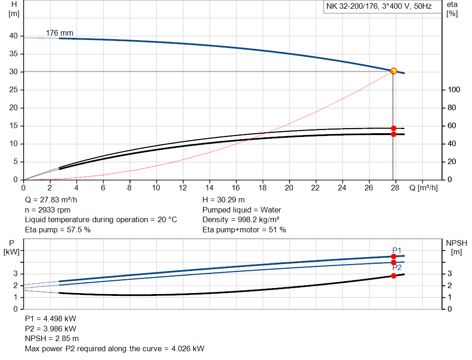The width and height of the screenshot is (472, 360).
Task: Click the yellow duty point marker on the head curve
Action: point(394,71)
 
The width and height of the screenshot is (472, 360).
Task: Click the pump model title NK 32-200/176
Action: point(379,6)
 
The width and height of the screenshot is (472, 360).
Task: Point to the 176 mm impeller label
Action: point(59,33)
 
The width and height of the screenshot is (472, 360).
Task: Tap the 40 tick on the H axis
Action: point(13,36)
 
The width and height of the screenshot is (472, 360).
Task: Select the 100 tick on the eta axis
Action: point(454,90)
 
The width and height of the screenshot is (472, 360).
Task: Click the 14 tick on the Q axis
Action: point(210,188)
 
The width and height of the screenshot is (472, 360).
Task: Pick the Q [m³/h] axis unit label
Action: point(423,188)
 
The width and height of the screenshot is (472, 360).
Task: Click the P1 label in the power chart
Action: point(397,250)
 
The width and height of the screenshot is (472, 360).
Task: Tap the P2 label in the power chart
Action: point(397,268)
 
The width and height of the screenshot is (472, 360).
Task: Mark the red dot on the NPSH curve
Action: point(394,276)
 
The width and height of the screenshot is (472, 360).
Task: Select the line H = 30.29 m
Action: point(224,200)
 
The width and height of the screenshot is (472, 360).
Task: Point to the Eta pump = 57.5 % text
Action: point(58,230)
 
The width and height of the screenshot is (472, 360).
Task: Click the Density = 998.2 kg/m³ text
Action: point(241,220)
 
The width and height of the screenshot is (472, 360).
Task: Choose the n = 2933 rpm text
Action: point(47,210)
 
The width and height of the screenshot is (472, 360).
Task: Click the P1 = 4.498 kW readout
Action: point(51,319)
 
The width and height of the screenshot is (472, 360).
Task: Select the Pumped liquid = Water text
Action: point(242,210)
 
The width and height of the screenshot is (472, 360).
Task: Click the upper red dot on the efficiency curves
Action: point(394,128)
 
